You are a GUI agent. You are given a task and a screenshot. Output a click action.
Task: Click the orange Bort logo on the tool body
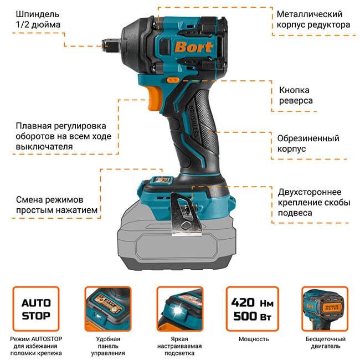[193, 47]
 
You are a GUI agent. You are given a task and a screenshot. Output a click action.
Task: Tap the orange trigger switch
[155, 98]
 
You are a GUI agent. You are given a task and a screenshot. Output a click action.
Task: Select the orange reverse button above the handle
[173, 80]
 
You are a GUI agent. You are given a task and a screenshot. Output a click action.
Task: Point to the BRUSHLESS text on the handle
[193, 122]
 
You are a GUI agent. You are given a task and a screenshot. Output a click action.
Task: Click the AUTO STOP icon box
[36, 309]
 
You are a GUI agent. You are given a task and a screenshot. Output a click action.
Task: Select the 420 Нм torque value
[253, 302]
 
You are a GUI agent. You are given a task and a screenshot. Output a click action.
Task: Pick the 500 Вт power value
[253, 316]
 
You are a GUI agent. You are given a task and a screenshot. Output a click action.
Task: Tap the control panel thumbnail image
[108, 309]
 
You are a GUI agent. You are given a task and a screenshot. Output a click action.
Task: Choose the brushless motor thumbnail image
[325, 309]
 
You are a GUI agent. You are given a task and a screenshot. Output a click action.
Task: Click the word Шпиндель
[38, 14]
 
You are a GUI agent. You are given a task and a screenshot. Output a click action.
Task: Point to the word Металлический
[309, 14]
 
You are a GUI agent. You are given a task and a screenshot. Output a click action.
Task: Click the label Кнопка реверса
[296, 95]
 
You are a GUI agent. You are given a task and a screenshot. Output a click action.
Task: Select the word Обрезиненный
[308, 138]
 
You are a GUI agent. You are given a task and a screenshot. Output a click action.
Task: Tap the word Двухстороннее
[310, 192]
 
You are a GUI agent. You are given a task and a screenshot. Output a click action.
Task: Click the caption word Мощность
[254, 339]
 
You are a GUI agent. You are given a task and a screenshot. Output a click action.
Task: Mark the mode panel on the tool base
[161, 180]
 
